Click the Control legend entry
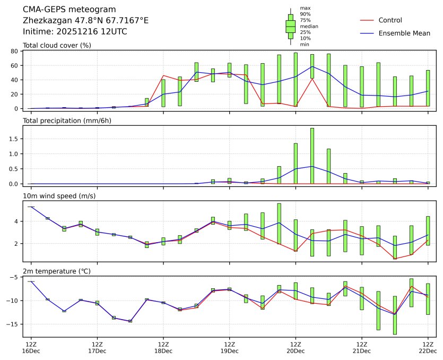[x=390, y=20]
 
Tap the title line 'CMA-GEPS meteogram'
[x=70, y=10]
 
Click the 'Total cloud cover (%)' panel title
[x=57, y=45]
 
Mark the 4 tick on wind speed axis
[x=17, y=221]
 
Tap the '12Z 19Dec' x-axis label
[x=229, y=348]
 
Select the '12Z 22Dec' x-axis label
[x=428, y=348]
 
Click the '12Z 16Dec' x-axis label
[x=31, y=348]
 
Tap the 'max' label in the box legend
[x=305, y=8]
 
